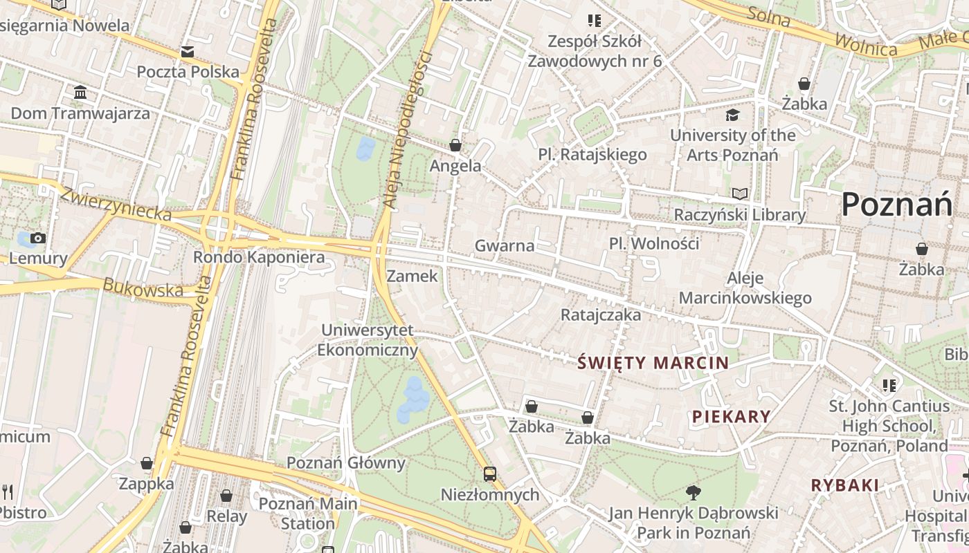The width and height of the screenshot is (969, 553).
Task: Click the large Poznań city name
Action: [897, 205]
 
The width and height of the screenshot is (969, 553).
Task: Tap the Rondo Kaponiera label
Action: [258, 257]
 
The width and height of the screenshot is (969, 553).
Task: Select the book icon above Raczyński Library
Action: [740, 194]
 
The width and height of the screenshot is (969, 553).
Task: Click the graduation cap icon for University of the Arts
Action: [732, 115]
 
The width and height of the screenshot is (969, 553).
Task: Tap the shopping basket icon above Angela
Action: [455, 145]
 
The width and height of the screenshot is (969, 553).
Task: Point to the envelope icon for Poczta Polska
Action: [188, 52]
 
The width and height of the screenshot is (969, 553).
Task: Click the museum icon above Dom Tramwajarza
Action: [80, 93]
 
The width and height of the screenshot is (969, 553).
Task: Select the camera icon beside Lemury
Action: [38, 238]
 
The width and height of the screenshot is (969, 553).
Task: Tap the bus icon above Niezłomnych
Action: [490, 474]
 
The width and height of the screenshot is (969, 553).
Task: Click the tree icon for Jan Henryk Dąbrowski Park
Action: [693, 492]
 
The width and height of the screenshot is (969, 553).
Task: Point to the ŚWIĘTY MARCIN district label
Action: [653, 363]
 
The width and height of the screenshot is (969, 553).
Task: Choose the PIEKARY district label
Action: [732, 416]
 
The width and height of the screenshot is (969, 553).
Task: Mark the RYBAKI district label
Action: [845, 485]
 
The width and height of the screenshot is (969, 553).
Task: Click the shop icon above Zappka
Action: [147, 463]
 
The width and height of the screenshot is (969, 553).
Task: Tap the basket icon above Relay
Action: [226, 496]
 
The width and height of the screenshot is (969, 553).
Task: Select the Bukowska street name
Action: [143, 288]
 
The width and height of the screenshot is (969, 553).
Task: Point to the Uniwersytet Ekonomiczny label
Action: [368, 340]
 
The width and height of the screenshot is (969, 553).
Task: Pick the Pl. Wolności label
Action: [654, 243]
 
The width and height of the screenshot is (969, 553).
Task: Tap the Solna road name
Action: [768, 17]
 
